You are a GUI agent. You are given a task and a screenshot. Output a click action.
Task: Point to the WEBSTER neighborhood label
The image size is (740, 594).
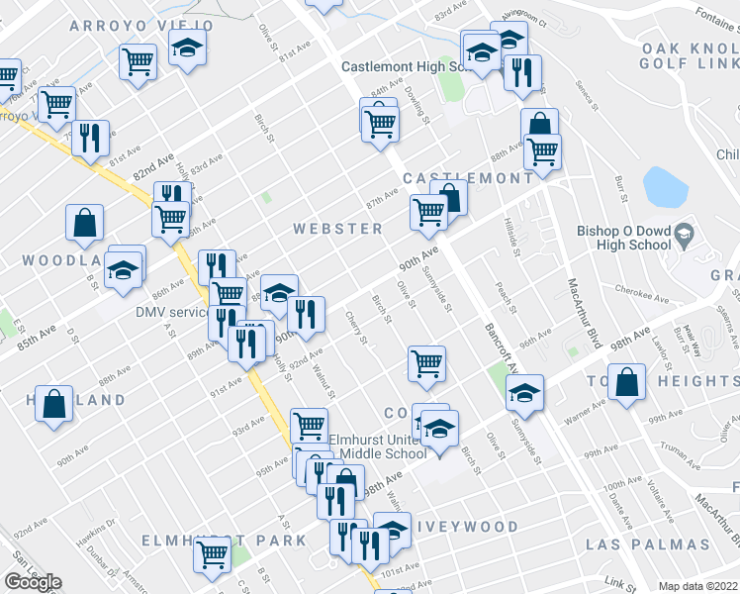point(337,229)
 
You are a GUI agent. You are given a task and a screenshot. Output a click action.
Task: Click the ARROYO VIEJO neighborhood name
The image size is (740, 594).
point(141,24)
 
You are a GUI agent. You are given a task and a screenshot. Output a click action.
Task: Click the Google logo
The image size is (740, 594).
point(33,583)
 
